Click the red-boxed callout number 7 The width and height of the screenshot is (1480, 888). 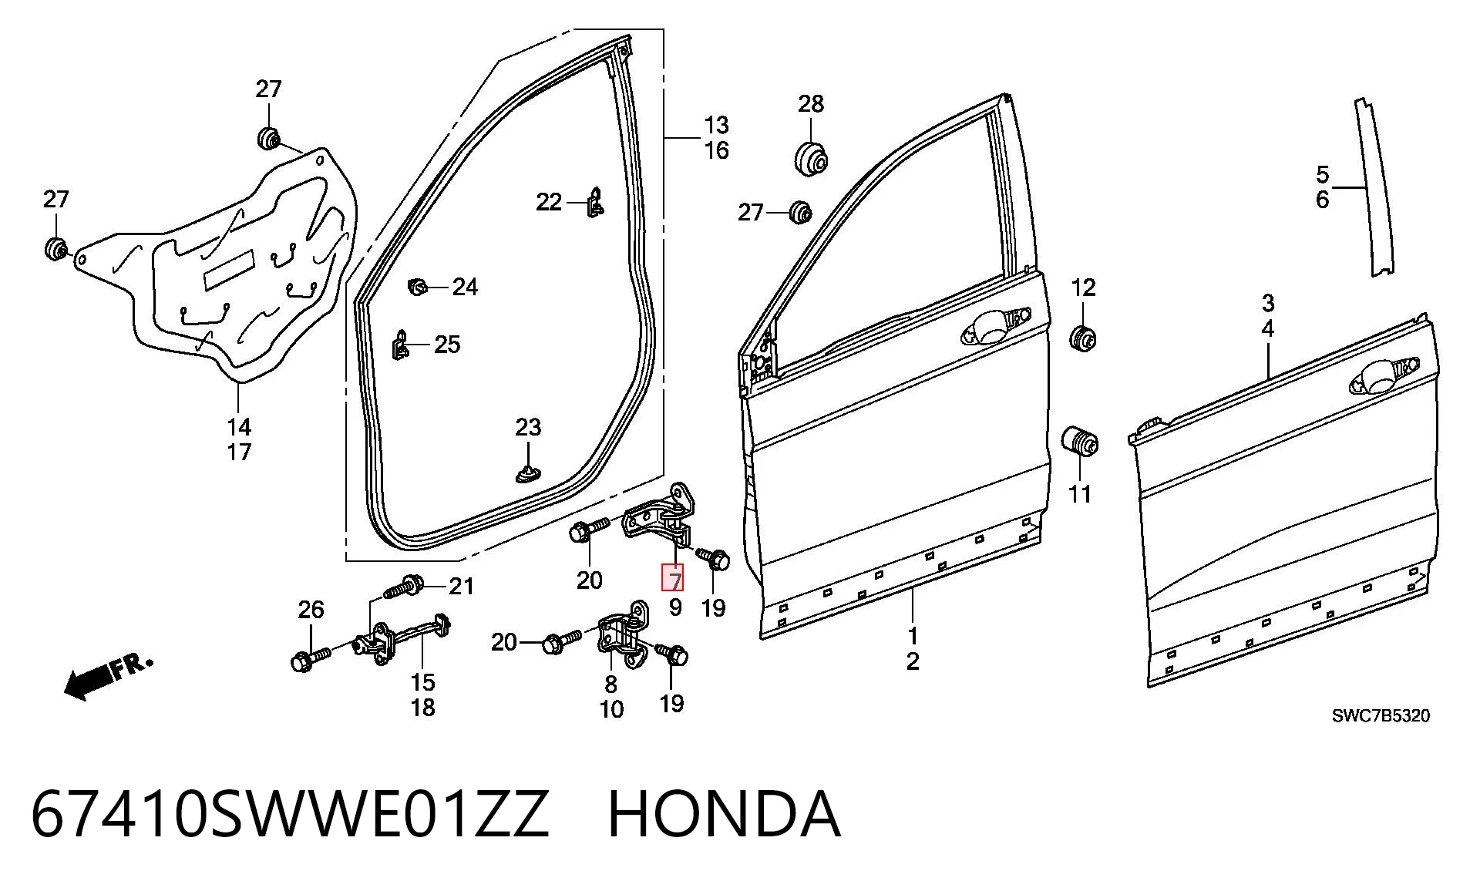tap(674, 578)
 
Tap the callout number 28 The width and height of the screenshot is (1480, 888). tap(810, 103)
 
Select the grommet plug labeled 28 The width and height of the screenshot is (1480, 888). tap(811, 157)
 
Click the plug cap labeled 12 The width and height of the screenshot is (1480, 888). tap(1083, 338)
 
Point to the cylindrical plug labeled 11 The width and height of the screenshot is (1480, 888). tap(1080, 441)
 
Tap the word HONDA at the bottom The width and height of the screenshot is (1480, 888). tap(724, 814)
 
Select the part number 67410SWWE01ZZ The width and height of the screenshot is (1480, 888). tap(290, 814)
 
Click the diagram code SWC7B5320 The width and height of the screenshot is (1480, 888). tap(1381, 715)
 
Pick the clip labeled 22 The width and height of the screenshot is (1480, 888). tap(596, 202)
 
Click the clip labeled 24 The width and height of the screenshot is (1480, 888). tap(417, 288)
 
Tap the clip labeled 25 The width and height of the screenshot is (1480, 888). tap(401, 345)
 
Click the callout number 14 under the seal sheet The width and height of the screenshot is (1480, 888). tap(239, 426)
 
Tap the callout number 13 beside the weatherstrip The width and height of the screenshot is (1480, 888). tap(716, 125)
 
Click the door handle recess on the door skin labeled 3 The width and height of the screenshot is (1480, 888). tap(1376, 375)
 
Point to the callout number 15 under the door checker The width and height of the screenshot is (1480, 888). tap(422, 682)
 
